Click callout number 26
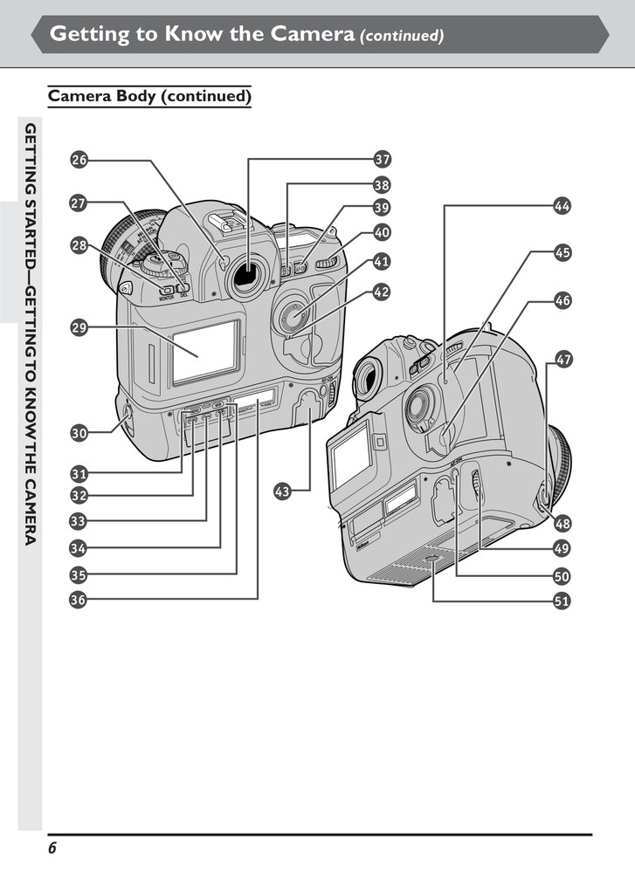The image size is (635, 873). click(x=79, y=160)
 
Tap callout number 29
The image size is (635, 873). click(x=79, y=328)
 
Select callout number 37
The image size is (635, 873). click(x=382, y=160)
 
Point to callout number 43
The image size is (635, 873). click(x=282, y=491)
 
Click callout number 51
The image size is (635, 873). click(x=563, y=601)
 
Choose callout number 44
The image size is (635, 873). click(x=563, y=206)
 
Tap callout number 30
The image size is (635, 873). click(x=79, y=432)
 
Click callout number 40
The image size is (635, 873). click(x=382, y=233)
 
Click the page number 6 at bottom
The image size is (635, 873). click(x=52, y=849)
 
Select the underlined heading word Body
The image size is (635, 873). click(x=131, y=96)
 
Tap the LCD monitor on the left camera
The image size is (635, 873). click(x=205, y=352)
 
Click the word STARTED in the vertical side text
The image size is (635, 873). click(x=31, y=228)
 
